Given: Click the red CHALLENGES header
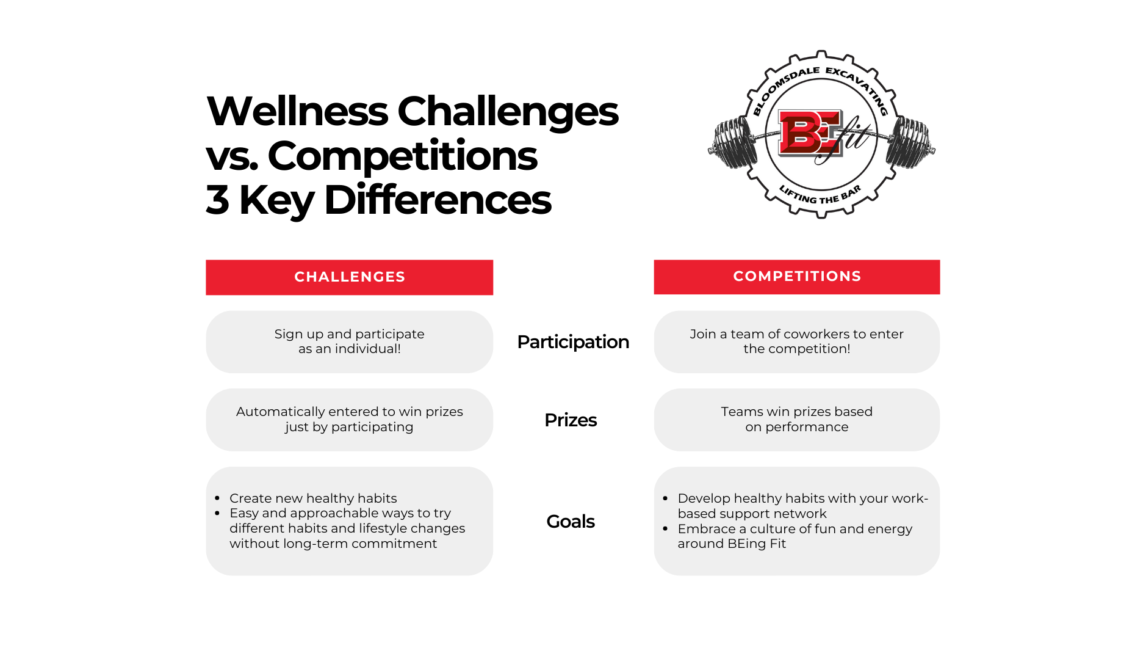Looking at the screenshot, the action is (349, 277).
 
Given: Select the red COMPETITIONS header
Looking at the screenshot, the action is (797, 277).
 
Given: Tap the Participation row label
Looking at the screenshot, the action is (573, 342).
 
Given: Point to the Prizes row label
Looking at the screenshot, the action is (571, 420).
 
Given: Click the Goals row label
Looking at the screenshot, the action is (571, 522).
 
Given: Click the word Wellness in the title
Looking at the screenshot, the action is (298, 111).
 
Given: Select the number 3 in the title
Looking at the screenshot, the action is (218, 200).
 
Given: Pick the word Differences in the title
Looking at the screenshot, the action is (438, 200).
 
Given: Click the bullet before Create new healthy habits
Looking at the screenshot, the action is (218, 498).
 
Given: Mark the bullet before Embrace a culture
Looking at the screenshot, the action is (666, 529).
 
